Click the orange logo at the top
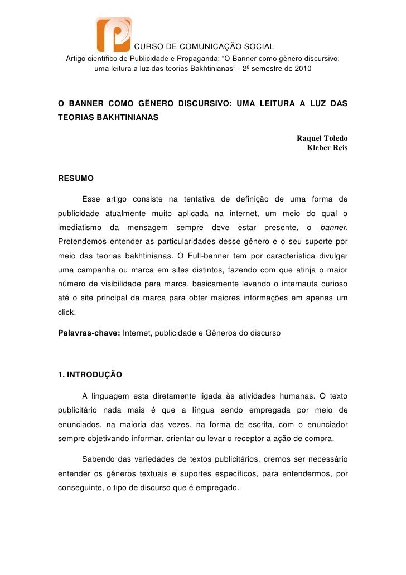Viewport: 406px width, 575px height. [x=114, y=35]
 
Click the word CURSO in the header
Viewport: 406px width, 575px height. [x=148, y=46]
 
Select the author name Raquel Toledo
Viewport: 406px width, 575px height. [x=322, y=138]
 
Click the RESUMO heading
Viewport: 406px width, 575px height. [x=76, y=179]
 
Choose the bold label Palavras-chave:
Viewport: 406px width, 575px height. [x=89, y=333]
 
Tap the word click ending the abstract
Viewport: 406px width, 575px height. [x=66, y=313]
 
